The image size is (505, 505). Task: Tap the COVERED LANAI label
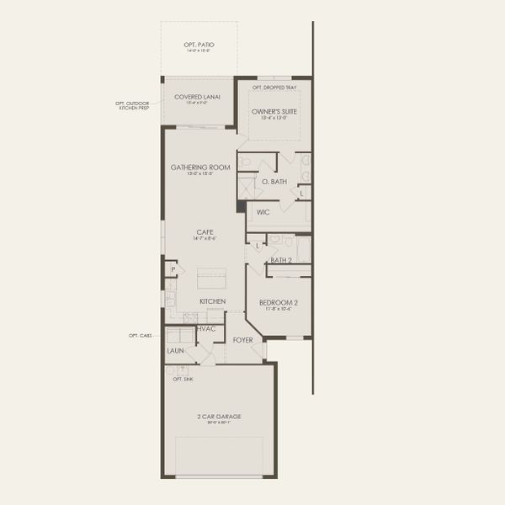click(x=198, y=97)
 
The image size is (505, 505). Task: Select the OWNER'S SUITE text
click(x=274, y=111)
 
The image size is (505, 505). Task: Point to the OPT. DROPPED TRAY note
click(x=274, y=87)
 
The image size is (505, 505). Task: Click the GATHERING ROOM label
click(x=200, y=167)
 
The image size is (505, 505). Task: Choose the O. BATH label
click(x=274, y=182)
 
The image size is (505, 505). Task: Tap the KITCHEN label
click(x=212, y=301)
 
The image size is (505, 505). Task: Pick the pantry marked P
click(x=173, y=270)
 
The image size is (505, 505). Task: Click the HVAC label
click(x=206, y=328)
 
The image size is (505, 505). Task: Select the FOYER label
click(x=244, y=341)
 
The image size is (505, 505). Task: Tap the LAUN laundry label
click(x=175, y=350)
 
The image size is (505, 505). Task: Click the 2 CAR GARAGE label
click(x=219, y=417)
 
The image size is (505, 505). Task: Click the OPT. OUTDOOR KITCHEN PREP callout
click(x=133, y=106)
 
